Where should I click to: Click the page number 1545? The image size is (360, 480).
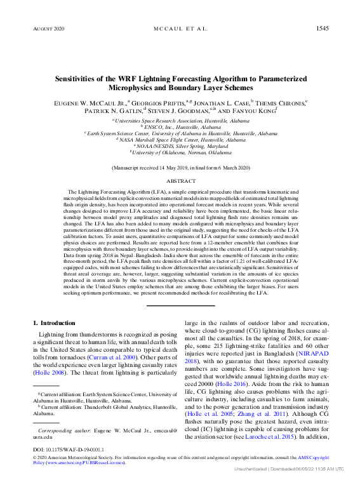pyautogui.click(x=322, y=29)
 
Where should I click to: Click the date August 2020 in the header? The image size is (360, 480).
pyautogui.click(x=48, y=29)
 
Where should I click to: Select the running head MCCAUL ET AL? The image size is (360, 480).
pyautogui.click(x=180, y=29)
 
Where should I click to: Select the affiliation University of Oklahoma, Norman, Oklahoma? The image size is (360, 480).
pyautogui.click(x=180, y=152)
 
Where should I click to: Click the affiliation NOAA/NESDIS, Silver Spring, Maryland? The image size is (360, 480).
pyautogui.click(x=180, y=146)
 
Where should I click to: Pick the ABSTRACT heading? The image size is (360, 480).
pyautogui.click(x=180, y=180)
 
